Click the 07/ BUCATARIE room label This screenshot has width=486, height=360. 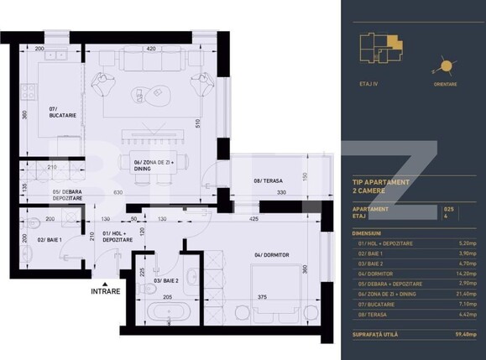pyautogui.click(x=63, y=112)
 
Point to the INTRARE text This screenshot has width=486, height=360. pyautogui.click(x=105, y=291)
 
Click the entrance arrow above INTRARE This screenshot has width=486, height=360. pyautogui.click(x=105, y=282)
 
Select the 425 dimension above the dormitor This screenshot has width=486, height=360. pyautogui.click(x=253, y=220)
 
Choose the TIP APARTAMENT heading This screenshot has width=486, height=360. pyautogui.click(x=380, y=181)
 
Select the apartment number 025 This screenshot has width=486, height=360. pyautogui.click(x=448, y=208)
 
